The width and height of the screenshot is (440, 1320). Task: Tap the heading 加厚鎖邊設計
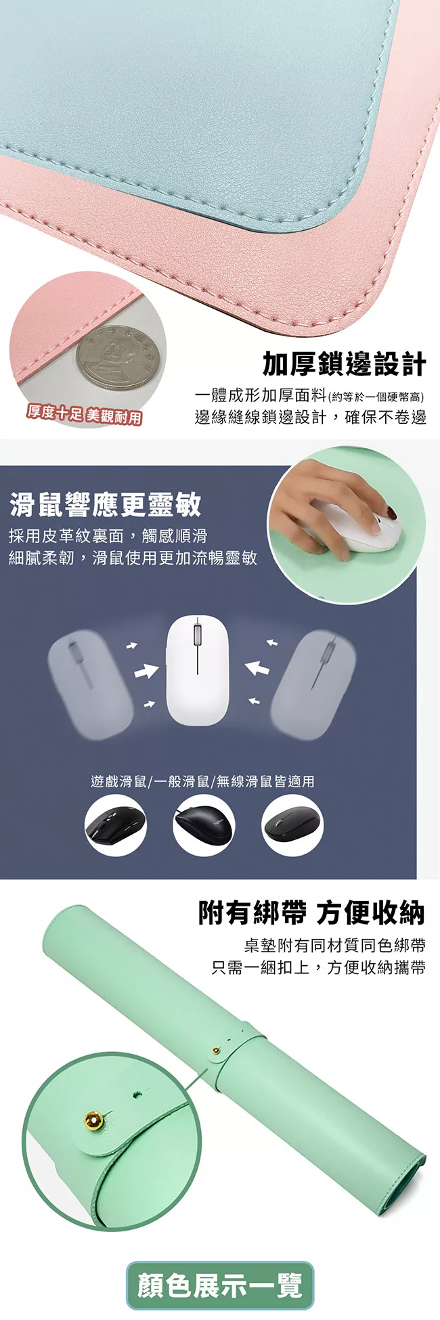coord(345,364)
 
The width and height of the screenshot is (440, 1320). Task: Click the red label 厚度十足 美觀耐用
coord(84,414)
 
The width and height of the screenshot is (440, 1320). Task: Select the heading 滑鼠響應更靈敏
coord(105,504)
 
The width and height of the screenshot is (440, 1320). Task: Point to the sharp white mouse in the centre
coord(198,669)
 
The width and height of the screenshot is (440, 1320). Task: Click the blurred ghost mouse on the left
coord(91,684)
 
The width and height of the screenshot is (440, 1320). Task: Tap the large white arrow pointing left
coord(257,669)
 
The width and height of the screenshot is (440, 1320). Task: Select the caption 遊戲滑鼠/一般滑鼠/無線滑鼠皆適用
coord(202,781)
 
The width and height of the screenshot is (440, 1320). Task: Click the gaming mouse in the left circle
coord(115,826)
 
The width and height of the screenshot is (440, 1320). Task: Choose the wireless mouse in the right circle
coord(292,824)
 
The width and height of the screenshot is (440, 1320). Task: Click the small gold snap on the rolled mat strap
coord(216,1051)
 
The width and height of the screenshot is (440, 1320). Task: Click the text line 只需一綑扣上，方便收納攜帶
coord(319,967)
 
